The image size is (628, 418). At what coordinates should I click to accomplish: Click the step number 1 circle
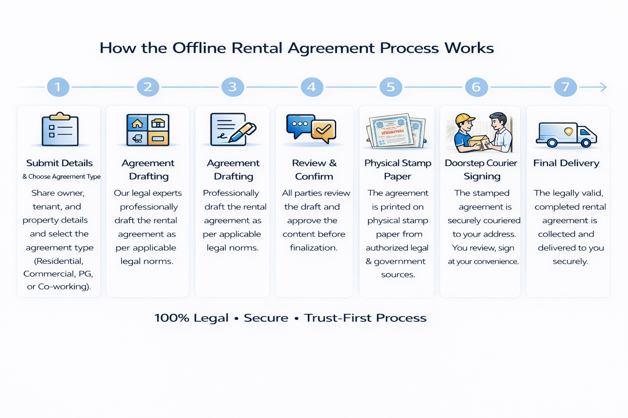(58, 87)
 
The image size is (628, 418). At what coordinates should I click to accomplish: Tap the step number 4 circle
(312, 87)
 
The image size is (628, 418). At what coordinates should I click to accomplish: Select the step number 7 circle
(565, 87)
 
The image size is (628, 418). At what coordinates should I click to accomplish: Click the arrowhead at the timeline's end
(603, 87)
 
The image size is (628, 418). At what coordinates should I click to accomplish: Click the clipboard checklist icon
(60, 129)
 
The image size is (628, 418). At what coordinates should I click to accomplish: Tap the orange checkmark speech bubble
(323, 130)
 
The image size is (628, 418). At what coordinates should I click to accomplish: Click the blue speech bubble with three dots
(300, 125)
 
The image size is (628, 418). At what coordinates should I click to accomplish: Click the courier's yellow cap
(464, 119)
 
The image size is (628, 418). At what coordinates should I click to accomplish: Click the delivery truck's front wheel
(585, 143)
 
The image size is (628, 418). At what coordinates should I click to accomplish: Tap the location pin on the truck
(568, 131)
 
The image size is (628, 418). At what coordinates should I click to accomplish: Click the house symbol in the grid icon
(137, 123)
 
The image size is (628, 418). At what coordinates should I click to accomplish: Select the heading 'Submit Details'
(59, 163)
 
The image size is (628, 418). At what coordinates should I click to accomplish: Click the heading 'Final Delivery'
(566, 163)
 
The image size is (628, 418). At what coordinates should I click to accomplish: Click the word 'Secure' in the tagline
(266, 318)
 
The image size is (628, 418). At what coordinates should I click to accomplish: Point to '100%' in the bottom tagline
(172, 318)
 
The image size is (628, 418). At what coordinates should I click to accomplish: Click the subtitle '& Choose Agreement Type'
(61, 177)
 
